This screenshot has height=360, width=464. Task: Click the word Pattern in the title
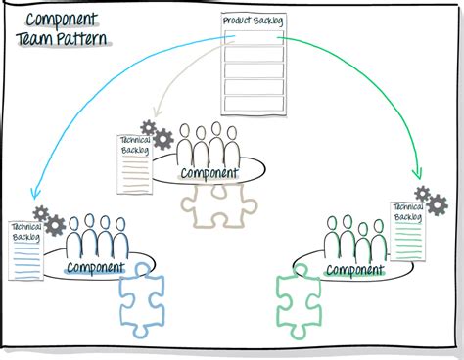(x=77, y=40)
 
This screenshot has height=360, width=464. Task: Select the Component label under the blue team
(x=95, y=266)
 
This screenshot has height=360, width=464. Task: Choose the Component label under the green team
(x=354, y=269)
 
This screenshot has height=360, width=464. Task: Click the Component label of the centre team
(x=209, y=173)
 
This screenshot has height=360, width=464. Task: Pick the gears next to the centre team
(x=156, y=133)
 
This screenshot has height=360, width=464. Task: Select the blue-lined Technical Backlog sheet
(x=26, y=250)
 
